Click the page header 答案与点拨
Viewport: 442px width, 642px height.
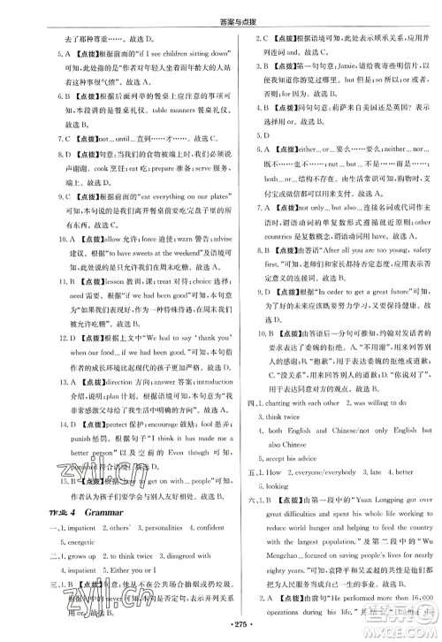click(222, 11)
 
